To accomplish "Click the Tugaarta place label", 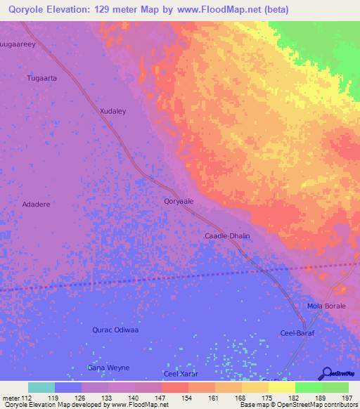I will coord(41,78).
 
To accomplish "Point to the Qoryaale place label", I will coord(179,201).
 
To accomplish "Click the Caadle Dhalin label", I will coord(227,236).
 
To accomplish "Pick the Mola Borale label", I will coord(324,307).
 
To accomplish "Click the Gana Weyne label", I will coord(108,368).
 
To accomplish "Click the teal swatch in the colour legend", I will coord(41,387).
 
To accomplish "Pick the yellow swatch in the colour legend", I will coord(281,387).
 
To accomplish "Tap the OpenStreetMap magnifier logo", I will coord(326,372).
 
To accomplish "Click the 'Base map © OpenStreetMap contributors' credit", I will coord(297,405).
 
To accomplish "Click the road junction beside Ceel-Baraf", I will coord(303,325).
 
